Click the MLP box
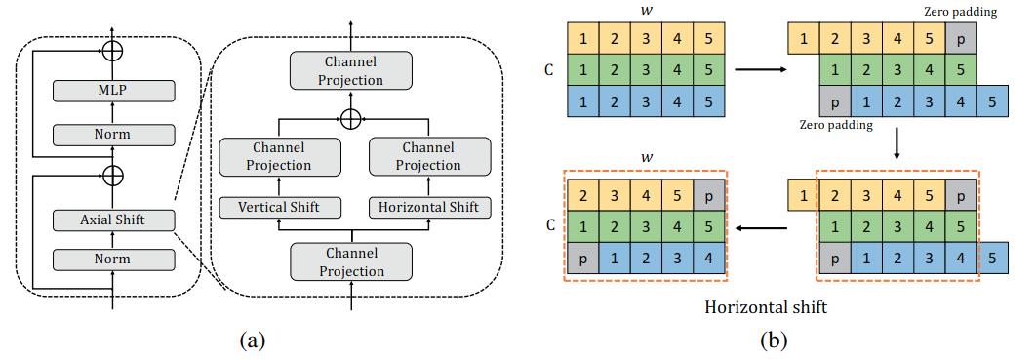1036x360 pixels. (113, 90)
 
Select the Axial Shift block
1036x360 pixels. (113, 220)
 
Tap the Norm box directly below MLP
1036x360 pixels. (113, 134)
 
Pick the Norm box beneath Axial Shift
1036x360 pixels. (113, 260)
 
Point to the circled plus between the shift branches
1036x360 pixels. (351, 118)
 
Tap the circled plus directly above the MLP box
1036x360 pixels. (113, 48)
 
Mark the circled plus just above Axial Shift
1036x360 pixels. (113, 176)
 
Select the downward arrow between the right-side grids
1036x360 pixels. (896, 147)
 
